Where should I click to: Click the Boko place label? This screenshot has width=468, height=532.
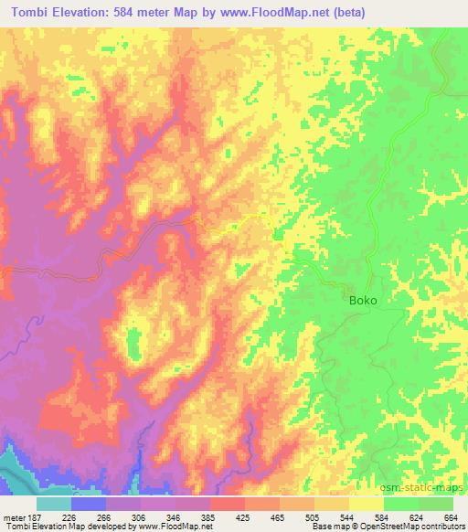[x=363, y=300]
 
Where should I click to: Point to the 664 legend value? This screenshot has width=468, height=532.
[x=451, y=516]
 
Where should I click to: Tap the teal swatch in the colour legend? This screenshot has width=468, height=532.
[x=54, y=504]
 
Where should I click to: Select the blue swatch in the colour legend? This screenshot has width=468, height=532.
[x=89, y=504]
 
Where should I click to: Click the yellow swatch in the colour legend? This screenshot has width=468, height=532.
[x=366, y=504]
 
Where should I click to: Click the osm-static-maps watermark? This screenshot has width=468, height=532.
[x=430, y=488]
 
